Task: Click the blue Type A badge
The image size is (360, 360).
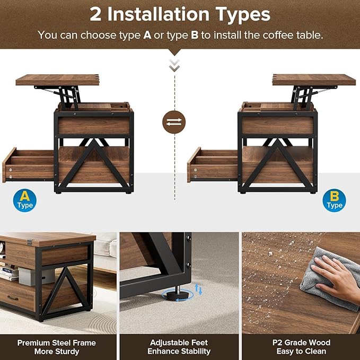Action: tap(24, 200)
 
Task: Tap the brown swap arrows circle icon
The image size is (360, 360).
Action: tap(174, 122)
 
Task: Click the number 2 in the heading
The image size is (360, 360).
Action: tap(96, 14)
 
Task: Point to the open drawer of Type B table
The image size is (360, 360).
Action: tap(213, 165)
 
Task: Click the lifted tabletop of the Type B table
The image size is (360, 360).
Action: tap(314, 80)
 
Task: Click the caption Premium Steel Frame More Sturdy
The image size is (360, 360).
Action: tap(48, 347)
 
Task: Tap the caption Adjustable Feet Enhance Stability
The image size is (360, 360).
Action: tap(179, 347)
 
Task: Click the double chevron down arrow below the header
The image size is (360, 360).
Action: tap(174, 65)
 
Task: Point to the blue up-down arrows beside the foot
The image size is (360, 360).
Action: tap(199, 289)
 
